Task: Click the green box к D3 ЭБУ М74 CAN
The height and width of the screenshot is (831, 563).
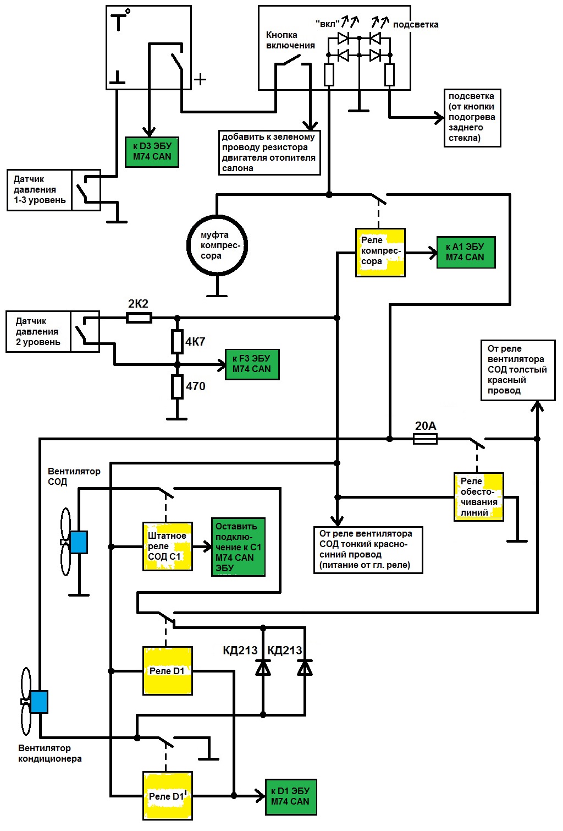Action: pos(152,152)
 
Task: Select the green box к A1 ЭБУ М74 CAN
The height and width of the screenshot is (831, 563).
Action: pos(466,253)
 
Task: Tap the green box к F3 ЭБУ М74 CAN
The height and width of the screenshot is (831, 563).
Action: pos(252,364)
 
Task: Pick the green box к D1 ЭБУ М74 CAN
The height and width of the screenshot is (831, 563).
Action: pos(290,797)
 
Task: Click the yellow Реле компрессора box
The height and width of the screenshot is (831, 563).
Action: pos(380,252)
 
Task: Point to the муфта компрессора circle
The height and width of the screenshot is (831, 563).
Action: pos(217,245)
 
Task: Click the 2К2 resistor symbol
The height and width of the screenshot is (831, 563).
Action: pos(139,318)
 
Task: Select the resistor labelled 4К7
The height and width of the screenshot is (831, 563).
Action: pos(177,342)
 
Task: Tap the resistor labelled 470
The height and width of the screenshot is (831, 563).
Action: pos(177,387)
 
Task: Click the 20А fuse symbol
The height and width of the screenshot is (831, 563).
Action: pos(425,439)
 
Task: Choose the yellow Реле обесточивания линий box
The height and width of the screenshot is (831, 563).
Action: pos(478,496)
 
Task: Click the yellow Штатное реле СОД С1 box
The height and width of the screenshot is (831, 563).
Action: pos(167,546)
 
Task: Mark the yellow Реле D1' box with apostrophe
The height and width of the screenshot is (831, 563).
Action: pos(167,796)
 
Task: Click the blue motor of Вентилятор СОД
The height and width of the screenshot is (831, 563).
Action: pos(79,542)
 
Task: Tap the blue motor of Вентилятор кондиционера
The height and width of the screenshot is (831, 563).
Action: pos(39,702)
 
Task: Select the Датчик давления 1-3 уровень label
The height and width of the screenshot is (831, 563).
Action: pos(40,190)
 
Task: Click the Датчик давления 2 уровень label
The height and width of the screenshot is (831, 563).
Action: pos(38,331)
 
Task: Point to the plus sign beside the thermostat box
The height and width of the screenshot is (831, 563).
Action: pos(201,79)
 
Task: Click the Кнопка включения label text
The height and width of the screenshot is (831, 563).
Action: pos(290,40)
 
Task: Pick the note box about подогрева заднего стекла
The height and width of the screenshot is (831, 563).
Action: pos(472,117)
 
